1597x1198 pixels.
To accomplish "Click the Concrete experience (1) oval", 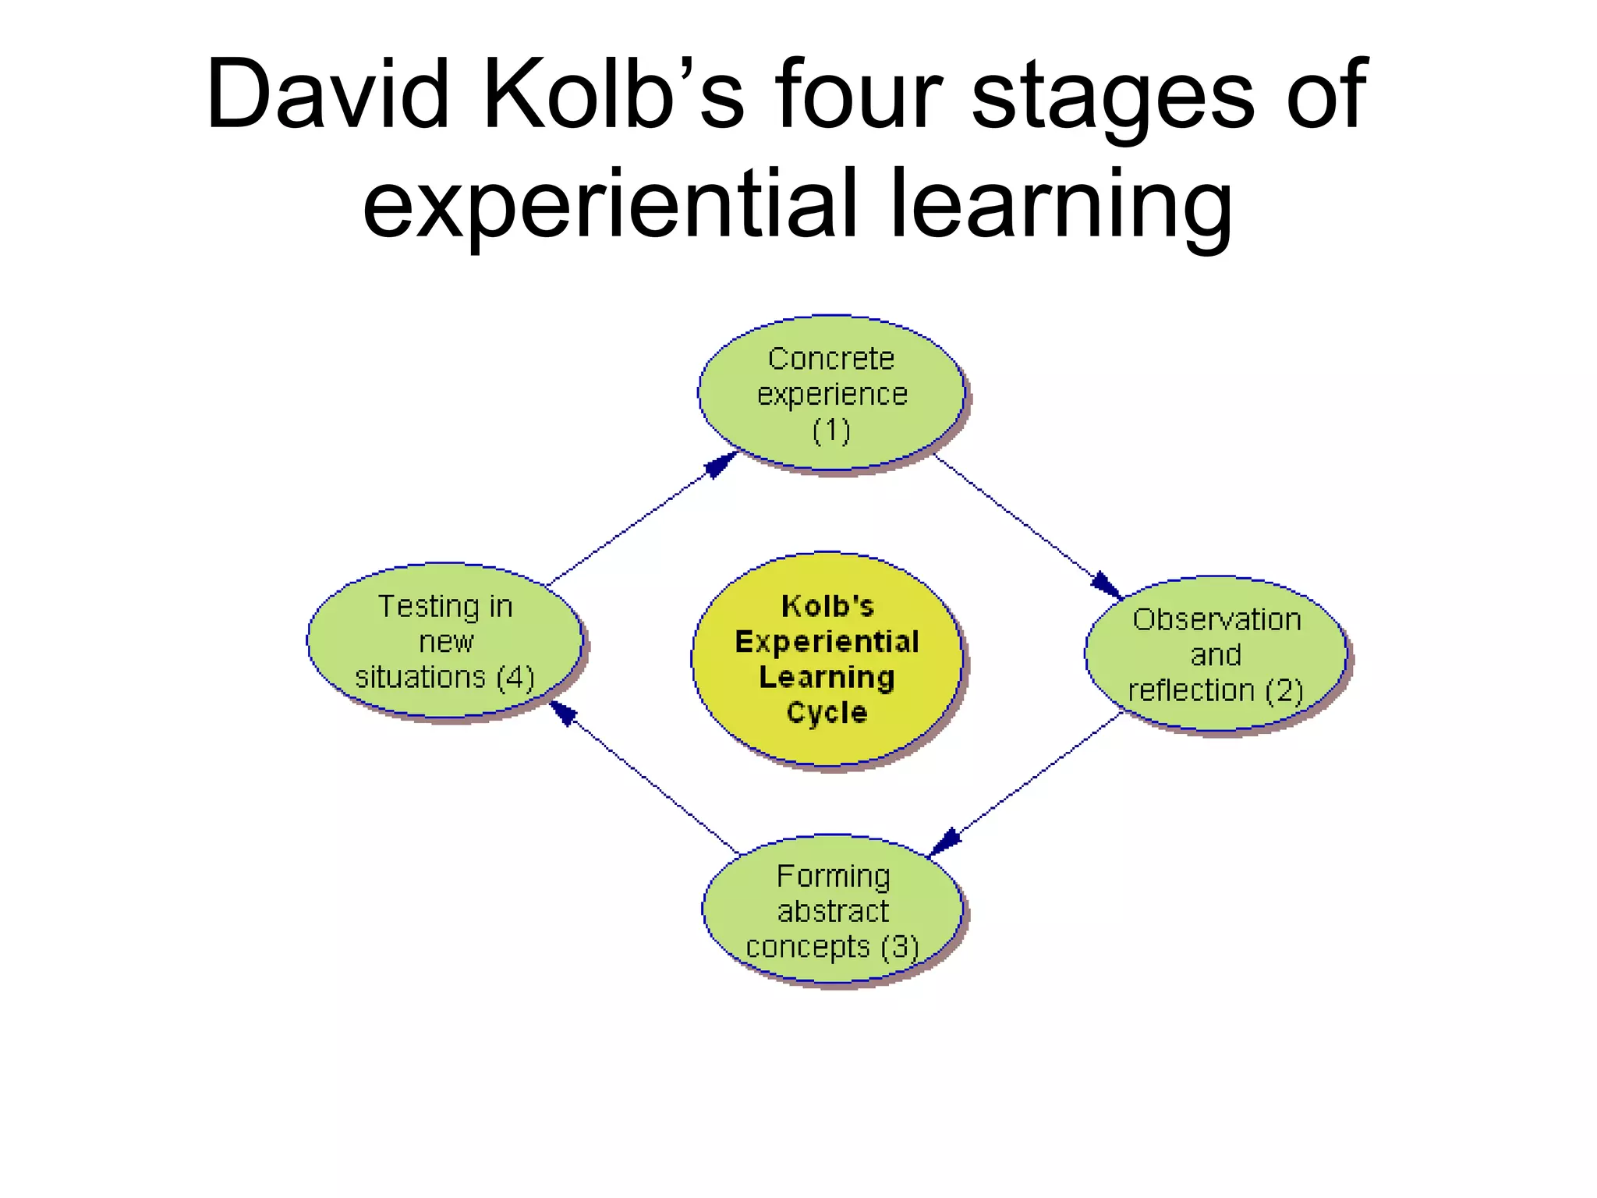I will [831, 393].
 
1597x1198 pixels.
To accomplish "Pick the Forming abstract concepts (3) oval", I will [833, 910].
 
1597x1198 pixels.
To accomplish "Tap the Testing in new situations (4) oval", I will [445, 640].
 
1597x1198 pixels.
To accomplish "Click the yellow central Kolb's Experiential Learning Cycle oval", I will [827, 659].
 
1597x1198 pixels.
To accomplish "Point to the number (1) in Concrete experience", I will [831, 431].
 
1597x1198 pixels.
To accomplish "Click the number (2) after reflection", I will [1284, 690].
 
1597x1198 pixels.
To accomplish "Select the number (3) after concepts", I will [900, 947].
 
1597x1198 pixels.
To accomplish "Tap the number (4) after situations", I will [515, 677].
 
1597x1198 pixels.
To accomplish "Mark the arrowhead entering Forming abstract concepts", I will [946, 842].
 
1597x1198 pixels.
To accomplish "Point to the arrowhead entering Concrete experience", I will [721, 465].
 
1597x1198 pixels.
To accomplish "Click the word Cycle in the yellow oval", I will [827, 712].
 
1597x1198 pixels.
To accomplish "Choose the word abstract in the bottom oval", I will [833, 911].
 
